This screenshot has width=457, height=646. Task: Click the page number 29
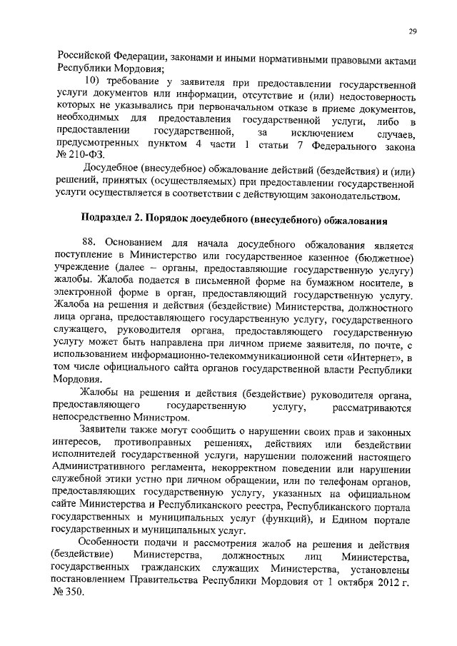click(413, 31)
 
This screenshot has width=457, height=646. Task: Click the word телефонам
click(343, 482)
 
